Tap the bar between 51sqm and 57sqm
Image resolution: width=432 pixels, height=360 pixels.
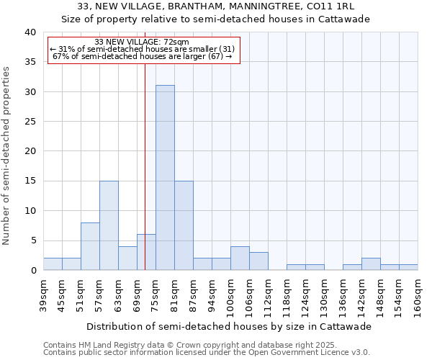tap(90, 246)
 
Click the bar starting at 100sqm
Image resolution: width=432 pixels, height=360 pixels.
tap(240, 258)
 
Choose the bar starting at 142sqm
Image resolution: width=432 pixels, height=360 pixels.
tap(371, 264)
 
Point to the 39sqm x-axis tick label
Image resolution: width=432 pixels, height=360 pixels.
tap(43, 296)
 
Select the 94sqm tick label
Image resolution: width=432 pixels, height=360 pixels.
tap(212, 296)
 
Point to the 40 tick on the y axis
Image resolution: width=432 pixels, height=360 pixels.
tap(30, 32)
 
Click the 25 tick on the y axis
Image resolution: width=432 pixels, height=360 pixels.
tap(30, 122)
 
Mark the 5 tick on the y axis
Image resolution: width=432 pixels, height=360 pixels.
tap(32, 240)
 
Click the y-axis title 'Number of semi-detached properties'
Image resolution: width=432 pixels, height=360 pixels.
tap(7, 156)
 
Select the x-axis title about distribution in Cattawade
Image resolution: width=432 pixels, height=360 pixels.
tap(230, 326)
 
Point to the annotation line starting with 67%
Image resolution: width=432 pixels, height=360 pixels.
tap(142, 57)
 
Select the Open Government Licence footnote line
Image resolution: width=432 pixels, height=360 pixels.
tap(206, 352)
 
